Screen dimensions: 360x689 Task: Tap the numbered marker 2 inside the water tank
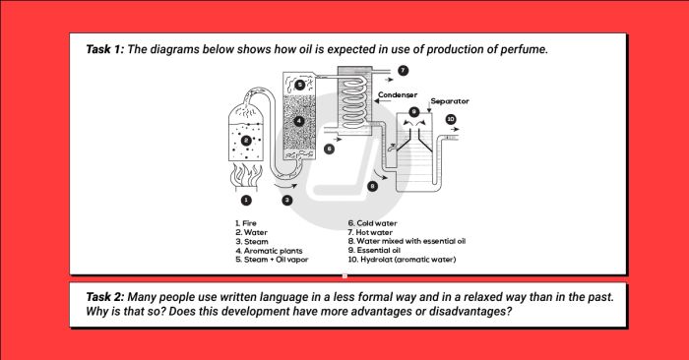(x=246, y=141)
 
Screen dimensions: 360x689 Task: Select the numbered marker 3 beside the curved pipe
(x=287, y=200)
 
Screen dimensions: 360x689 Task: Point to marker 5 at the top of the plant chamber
(x=299, y=86)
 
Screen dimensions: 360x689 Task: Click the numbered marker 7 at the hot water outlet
(x=403, y=72)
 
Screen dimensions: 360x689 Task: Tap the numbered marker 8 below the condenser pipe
(x=372, y=185)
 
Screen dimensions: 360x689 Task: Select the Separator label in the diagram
(x=449, y=101)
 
